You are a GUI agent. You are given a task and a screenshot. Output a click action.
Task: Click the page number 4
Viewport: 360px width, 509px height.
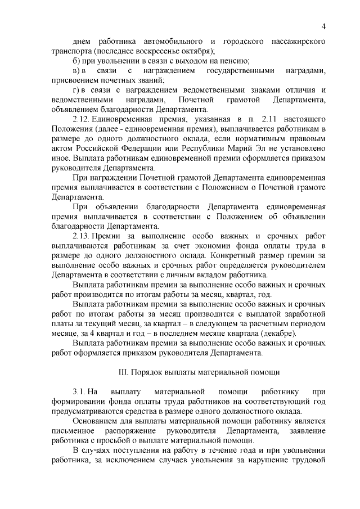click(325, 26)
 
